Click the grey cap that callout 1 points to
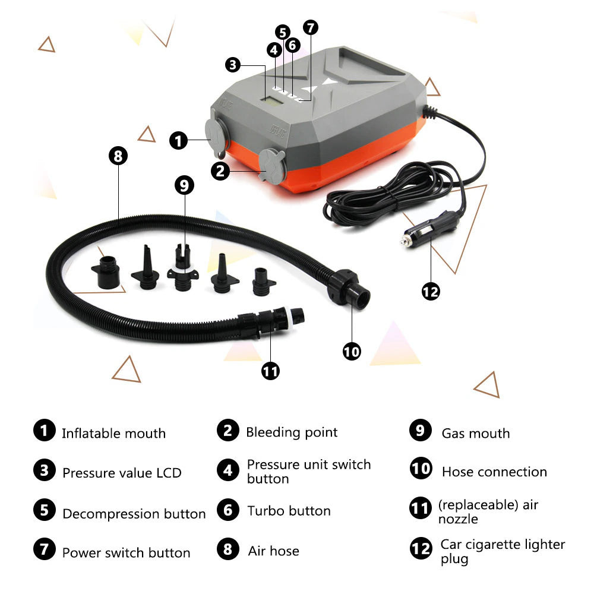[x=216, y=134]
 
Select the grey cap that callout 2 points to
[x=271, y=167]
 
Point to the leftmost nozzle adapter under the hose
[x=107, y=272]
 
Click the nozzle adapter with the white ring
[x=183, y=269]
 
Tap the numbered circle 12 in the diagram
[x=431, y=292]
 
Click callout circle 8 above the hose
[x=118, y=156]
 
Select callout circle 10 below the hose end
[x=352, y=352]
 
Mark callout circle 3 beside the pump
[x=233, y=65]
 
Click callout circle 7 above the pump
[x=311, y=27]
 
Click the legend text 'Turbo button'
[x=289, y=511]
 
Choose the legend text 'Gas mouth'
[x=476, y=434]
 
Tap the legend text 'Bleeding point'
[x=292, y=432]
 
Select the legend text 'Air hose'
[x=273, y=551]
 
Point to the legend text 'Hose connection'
[x=494, y=472]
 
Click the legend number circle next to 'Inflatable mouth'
[x=45, y=430]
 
